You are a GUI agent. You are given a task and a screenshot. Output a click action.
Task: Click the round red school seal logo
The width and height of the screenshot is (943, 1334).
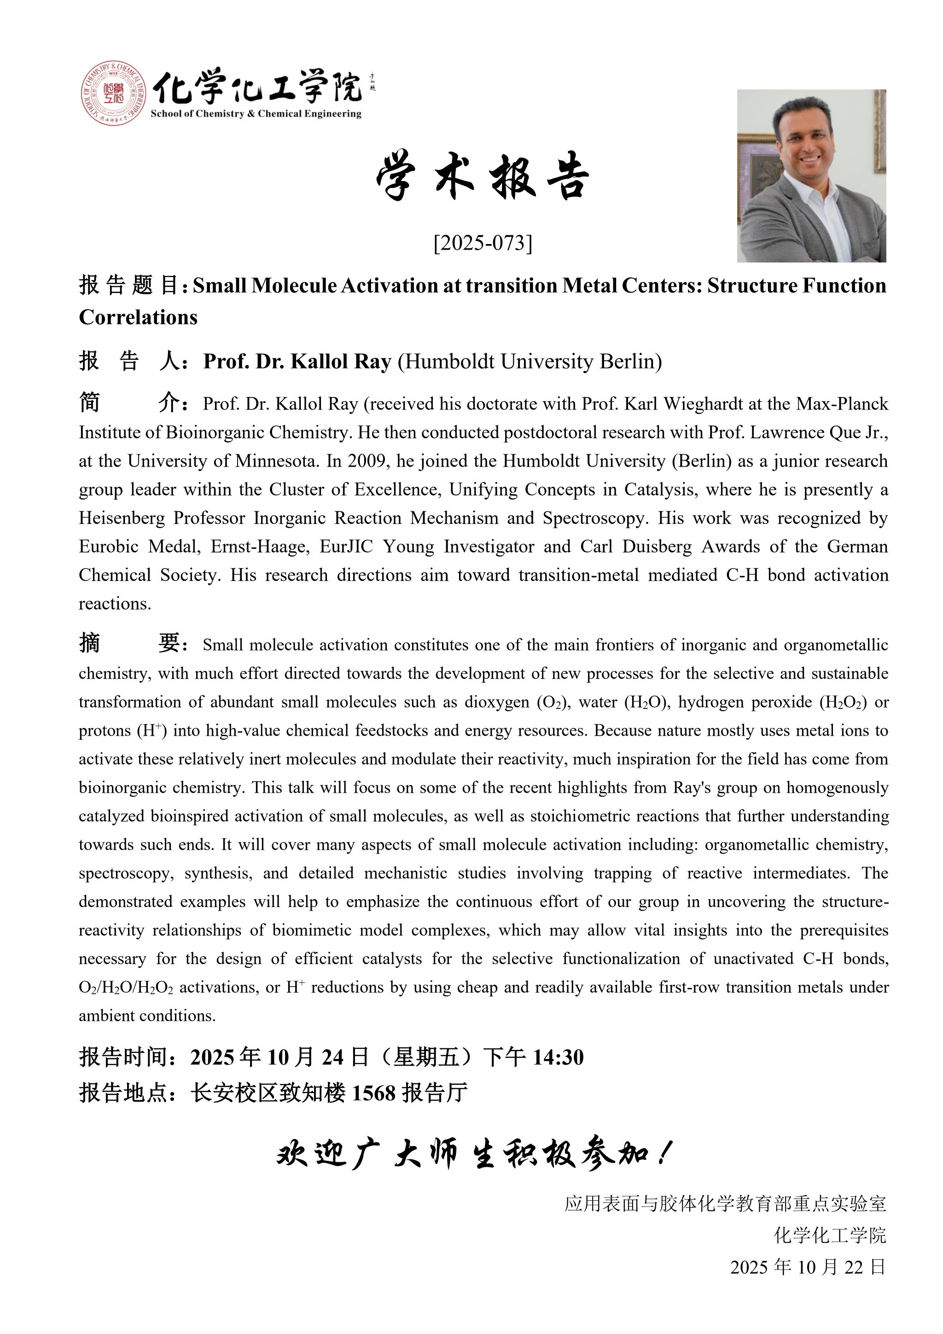point(113,93)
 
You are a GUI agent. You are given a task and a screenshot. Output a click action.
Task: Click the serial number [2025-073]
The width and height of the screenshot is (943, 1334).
point(483,243)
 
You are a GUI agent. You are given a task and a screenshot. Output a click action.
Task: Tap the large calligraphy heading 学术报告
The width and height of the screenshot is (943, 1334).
point(483,176)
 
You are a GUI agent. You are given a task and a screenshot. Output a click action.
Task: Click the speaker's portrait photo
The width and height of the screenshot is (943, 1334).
point(811,176)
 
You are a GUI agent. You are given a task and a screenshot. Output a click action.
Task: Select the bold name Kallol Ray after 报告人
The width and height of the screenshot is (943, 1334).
point(342,362)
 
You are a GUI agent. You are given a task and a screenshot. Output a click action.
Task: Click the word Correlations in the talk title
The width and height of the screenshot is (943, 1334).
point(138,317)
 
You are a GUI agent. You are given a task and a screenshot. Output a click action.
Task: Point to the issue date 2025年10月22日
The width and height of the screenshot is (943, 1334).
point(808,1267)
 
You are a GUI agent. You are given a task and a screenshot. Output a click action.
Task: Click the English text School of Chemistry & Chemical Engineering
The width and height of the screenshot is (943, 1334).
point(256,114)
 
